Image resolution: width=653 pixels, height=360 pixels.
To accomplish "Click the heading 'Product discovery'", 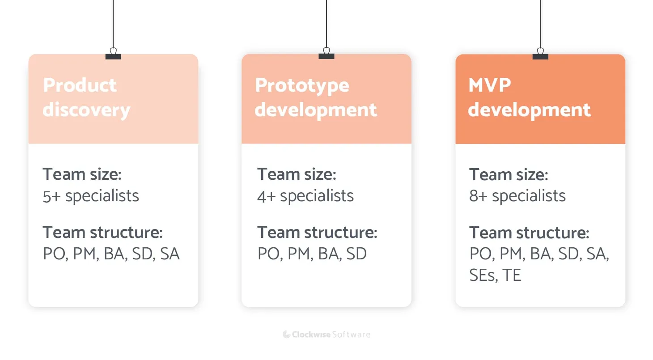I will coord(86,97).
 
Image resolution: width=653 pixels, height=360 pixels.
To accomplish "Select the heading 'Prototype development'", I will coord(315,97).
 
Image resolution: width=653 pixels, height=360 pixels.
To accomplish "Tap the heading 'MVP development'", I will coord(529,97).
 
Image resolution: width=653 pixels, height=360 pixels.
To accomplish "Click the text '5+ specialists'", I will coord(91,196).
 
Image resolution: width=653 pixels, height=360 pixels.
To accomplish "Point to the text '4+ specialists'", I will coord(305,196).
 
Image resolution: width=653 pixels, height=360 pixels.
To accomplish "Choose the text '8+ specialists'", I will coord(517,196).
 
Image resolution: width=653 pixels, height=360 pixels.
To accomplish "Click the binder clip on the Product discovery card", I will coord(113,55).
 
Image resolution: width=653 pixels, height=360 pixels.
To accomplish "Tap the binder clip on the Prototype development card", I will coord(326,55).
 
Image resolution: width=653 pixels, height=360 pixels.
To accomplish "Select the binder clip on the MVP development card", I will coord(540,55).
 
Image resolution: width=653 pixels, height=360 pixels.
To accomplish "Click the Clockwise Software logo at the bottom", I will coord(326,335).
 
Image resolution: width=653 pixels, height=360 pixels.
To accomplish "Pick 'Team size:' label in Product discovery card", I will coord(82,174).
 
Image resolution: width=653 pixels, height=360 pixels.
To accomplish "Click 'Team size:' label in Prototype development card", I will coord(296,174).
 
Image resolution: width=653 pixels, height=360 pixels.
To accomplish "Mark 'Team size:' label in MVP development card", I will coord(508,174).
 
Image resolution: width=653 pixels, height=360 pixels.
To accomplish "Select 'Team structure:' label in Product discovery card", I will coord(102,233).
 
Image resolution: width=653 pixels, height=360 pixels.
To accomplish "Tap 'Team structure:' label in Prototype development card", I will coord(317,233).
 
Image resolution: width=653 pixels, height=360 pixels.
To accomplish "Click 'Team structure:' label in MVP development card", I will coord(529,233).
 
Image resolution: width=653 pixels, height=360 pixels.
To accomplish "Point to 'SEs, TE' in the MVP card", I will coord(495,275).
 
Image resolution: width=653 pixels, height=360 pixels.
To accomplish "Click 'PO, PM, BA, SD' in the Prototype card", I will coord(312,254).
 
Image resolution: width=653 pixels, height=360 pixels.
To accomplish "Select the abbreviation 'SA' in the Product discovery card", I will coord(170,254).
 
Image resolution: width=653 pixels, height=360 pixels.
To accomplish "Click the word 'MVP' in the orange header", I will coord(489,85).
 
